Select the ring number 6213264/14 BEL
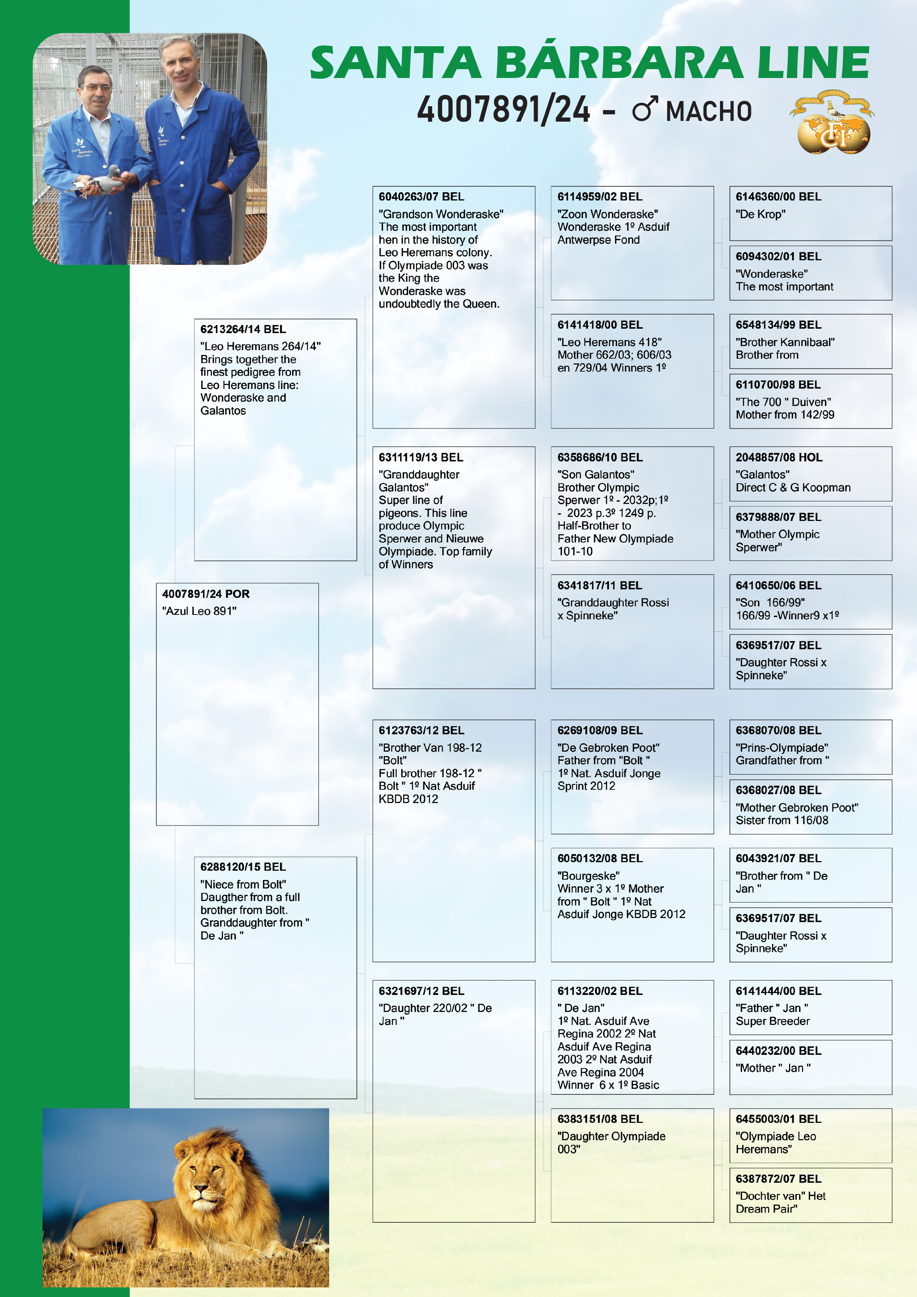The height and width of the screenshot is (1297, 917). tap(243, 329)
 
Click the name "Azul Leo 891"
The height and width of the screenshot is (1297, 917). tap(199, 611)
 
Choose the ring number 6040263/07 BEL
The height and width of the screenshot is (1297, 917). tap(421, 197)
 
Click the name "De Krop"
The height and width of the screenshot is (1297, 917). tap(760, 214)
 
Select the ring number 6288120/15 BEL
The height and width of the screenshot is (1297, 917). tap(243, 867)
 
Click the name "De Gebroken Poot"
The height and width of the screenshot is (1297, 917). tap(608, 747)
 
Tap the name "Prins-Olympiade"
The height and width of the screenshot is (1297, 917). tap(781, 747)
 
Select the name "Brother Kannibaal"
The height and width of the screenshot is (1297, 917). tap(785, 342)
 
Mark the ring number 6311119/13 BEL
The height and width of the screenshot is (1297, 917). tap(420, 458)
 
